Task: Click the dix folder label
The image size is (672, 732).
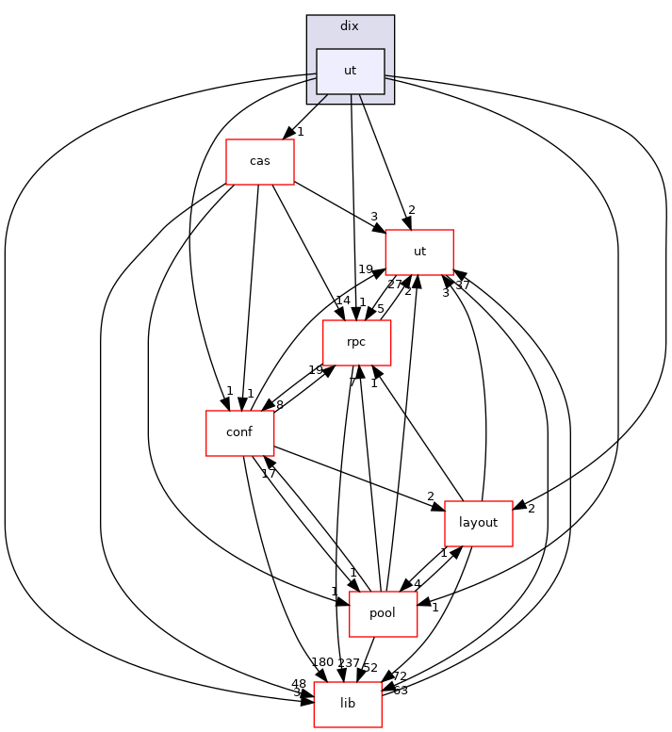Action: click(349, 25)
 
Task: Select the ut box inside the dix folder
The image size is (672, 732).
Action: click(350, 72)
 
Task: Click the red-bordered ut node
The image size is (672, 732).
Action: click(419, 252)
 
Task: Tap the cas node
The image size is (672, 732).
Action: click(259, 161)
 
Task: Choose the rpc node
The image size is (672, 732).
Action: click(356, 342)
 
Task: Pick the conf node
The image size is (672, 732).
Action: click(239, 433)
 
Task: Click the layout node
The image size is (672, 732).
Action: click(478, 523)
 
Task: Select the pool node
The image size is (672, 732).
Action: click(383, 613)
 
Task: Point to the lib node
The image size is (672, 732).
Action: click(347, 704)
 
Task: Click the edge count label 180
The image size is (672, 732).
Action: click(323, 662)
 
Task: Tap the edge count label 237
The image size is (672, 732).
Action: click(350, 662)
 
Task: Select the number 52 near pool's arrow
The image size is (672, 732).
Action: click(370, 669)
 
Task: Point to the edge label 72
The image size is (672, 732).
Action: click(399, 676)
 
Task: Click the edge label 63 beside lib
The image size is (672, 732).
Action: click(400, 691)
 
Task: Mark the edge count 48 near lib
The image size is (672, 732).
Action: click(299, 684)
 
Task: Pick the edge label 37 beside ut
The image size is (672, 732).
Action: click(462, 285)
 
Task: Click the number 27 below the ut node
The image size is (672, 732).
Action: click(395, 285)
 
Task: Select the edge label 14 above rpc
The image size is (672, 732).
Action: click(342, 301)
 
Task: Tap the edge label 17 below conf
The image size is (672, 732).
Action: click(269, 473)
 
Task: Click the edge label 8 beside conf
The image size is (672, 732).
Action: click(279, 405)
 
